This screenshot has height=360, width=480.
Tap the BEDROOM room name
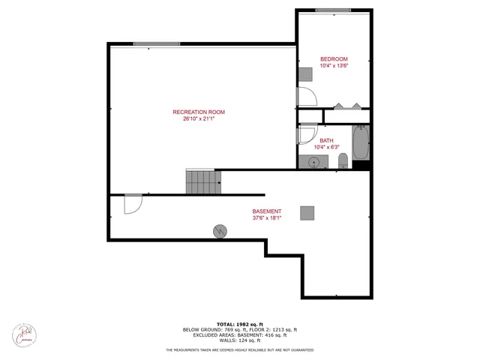coord(334,59)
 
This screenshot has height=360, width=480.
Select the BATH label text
coord(326,140)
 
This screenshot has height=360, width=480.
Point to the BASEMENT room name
coord(266,211)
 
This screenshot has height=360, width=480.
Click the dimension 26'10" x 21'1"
coord(204,118)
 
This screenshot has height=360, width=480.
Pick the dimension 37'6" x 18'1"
coord(266,217)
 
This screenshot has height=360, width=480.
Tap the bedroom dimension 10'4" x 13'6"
coord(334,66)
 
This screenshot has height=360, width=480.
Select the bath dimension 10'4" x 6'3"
coord(326,147)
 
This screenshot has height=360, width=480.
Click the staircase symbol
coord(204,181)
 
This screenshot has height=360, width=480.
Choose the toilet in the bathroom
coord(343,160)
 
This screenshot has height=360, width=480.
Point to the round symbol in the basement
coord(220,231)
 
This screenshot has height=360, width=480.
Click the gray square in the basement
coord(307,212)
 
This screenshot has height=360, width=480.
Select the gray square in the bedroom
coord(305,73)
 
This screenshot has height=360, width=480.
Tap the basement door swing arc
coord(133,204)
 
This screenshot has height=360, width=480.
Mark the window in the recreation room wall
coord(156,43)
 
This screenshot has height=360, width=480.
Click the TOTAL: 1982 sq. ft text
coord(240,323)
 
